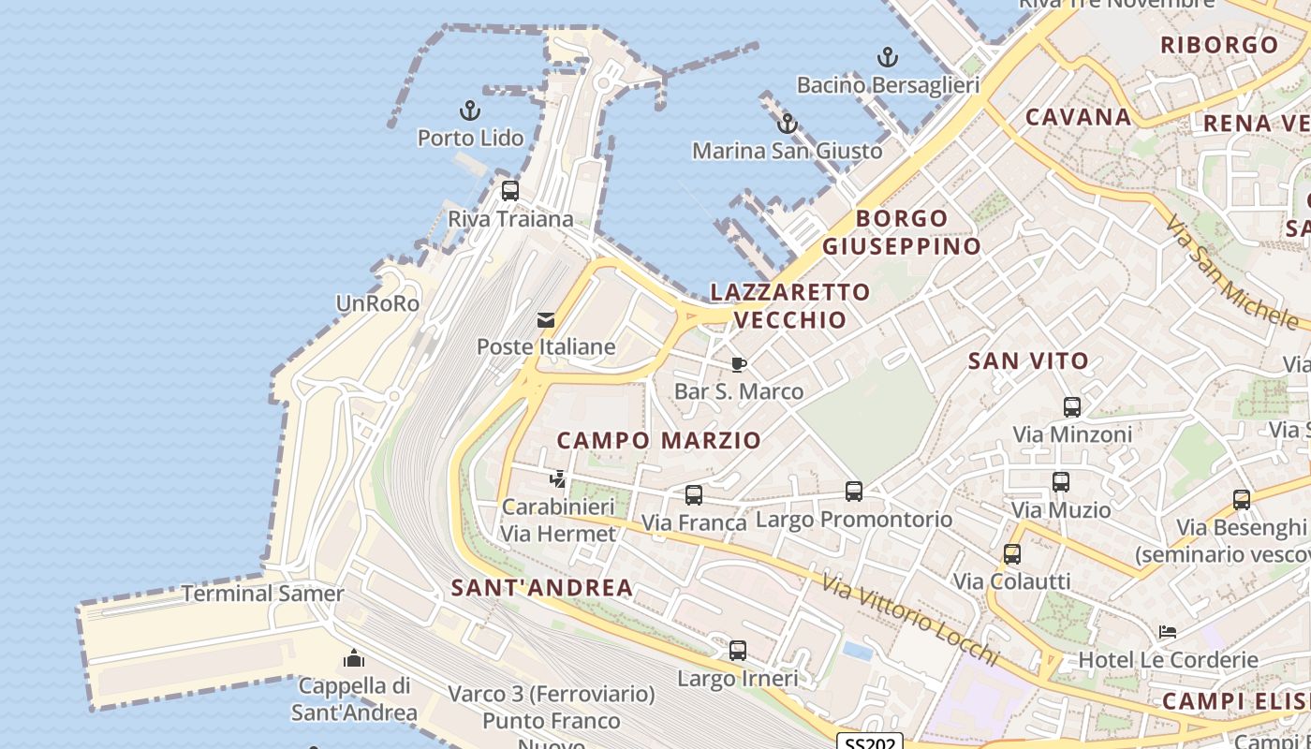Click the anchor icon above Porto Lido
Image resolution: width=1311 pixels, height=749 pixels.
click(x=470, y=111)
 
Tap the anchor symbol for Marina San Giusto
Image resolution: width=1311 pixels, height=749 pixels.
click(x=788, y=124)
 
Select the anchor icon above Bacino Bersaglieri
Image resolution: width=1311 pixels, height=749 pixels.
click(x=887, y=58)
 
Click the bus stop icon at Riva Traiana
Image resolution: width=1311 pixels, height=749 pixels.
click(x=510, y=191)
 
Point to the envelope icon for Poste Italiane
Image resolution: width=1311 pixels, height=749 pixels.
click(x=546, y=321)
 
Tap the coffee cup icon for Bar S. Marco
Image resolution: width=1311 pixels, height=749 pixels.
click(x=739, y=364)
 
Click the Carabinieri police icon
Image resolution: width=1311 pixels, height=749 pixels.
click(x=558, y=479)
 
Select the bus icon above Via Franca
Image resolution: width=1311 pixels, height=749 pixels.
click(x=694, y=495)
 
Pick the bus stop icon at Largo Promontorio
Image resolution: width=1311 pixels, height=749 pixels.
click(x=854, y=492)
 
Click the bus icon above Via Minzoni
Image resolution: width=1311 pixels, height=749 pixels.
click(x=1072, y=407)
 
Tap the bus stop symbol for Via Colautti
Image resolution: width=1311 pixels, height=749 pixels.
click(x=1012, y=554)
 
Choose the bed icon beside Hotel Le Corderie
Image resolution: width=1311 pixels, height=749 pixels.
click(x=1168, y=632)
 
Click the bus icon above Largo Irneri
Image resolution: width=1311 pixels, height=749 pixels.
click(x=738, y=651)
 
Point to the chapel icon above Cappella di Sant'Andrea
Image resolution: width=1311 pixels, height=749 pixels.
click(x=354, y=659)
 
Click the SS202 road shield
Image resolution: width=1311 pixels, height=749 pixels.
click(x=869, y=742)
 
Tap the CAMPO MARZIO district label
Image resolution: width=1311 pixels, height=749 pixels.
click(x=659, y=440)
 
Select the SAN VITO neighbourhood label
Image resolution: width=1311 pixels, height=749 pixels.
click(x=1029, y=360)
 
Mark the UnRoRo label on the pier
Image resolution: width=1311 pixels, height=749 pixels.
click(x=377, y=303)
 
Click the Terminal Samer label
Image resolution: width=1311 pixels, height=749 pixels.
click(x=263, y=594)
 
